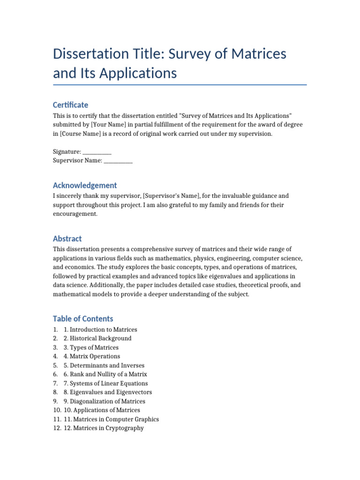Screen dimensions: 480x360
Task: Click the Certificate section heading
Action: [x=70, y=105]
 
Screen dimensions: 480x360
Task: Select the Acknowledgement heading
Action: [x=85, y=185]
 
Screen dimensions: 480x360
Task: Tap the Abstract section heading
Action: [x=67, y=239]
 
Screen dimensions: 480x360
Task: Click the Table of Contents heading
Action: [x=83, y=319]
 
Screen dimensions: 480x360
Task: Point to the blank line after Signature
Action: [x=97, y=152]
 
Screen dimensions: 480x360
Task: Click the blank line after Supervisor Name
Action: [x=118, y=161]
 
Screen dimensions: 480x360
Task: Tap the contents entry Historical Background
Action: [x=100, y=338]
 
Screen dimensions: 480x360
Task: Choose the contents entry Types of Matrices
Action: [x=94, y=347]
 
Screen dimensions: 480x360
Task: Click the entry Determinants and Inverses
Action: [x=107, y=365]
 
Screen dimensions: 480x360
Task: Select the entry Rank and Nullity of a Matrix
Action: [x=108, y=374]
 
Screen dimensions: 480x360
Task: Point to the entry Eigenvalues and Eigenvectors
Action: [x=111, y=392]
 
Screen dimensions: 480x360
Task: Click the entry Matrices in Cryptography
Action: [x=107, y=428]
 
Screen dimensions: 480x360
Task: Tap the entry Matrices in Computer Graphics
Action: [x=115, y=419]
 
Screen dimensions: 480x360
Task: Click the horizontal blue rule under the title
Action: [x=180, y=85]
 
